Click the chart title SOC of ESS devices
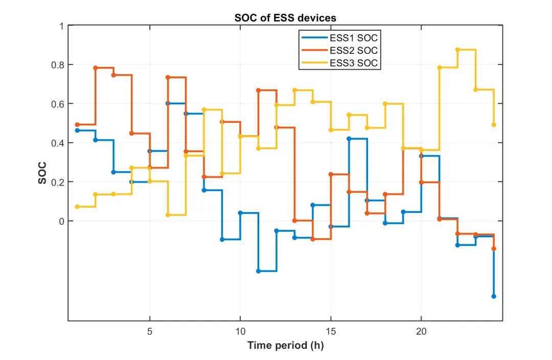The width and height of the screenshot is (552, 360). click(x=285, y=18)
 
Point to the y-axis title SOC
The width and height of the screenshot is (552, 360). click(x=43, y=173)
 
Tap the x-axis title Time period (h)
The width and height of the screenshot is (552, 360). click(x=285, y=345)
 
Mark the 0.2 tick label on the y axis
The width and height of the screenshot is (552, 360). click(x=55, y=182)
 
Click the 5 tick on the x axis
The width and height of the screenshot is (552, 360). click(x=150, y=331)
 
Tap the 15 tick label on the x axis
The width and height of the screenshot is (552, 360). click(x=331, y=331)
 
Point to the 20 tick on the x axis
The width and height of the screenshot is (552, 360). click(x=421, y=331)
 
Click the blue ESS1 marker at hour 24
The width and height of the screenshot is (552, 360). click(x=494, y=296)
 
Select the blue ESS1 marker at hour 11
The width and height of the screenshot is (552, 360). click(x=258, y=271)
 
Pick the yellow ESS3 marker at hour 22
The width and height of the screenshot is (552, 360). click(x=457, y=50)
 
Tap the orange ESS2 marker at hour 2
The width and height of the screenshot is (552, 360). click(x=96, y=67)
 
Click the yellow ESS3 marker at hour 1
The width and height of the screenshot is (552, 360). click(x=77, y=207)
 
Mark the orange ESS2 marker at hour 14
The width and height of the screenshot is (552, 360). click(x=313, y=239)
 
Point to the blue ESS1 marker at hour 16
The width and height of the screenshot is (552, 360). click(x=349, y=139)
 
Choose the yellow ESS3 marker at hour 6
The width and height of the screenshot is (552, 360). click(x=168, y=215)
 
